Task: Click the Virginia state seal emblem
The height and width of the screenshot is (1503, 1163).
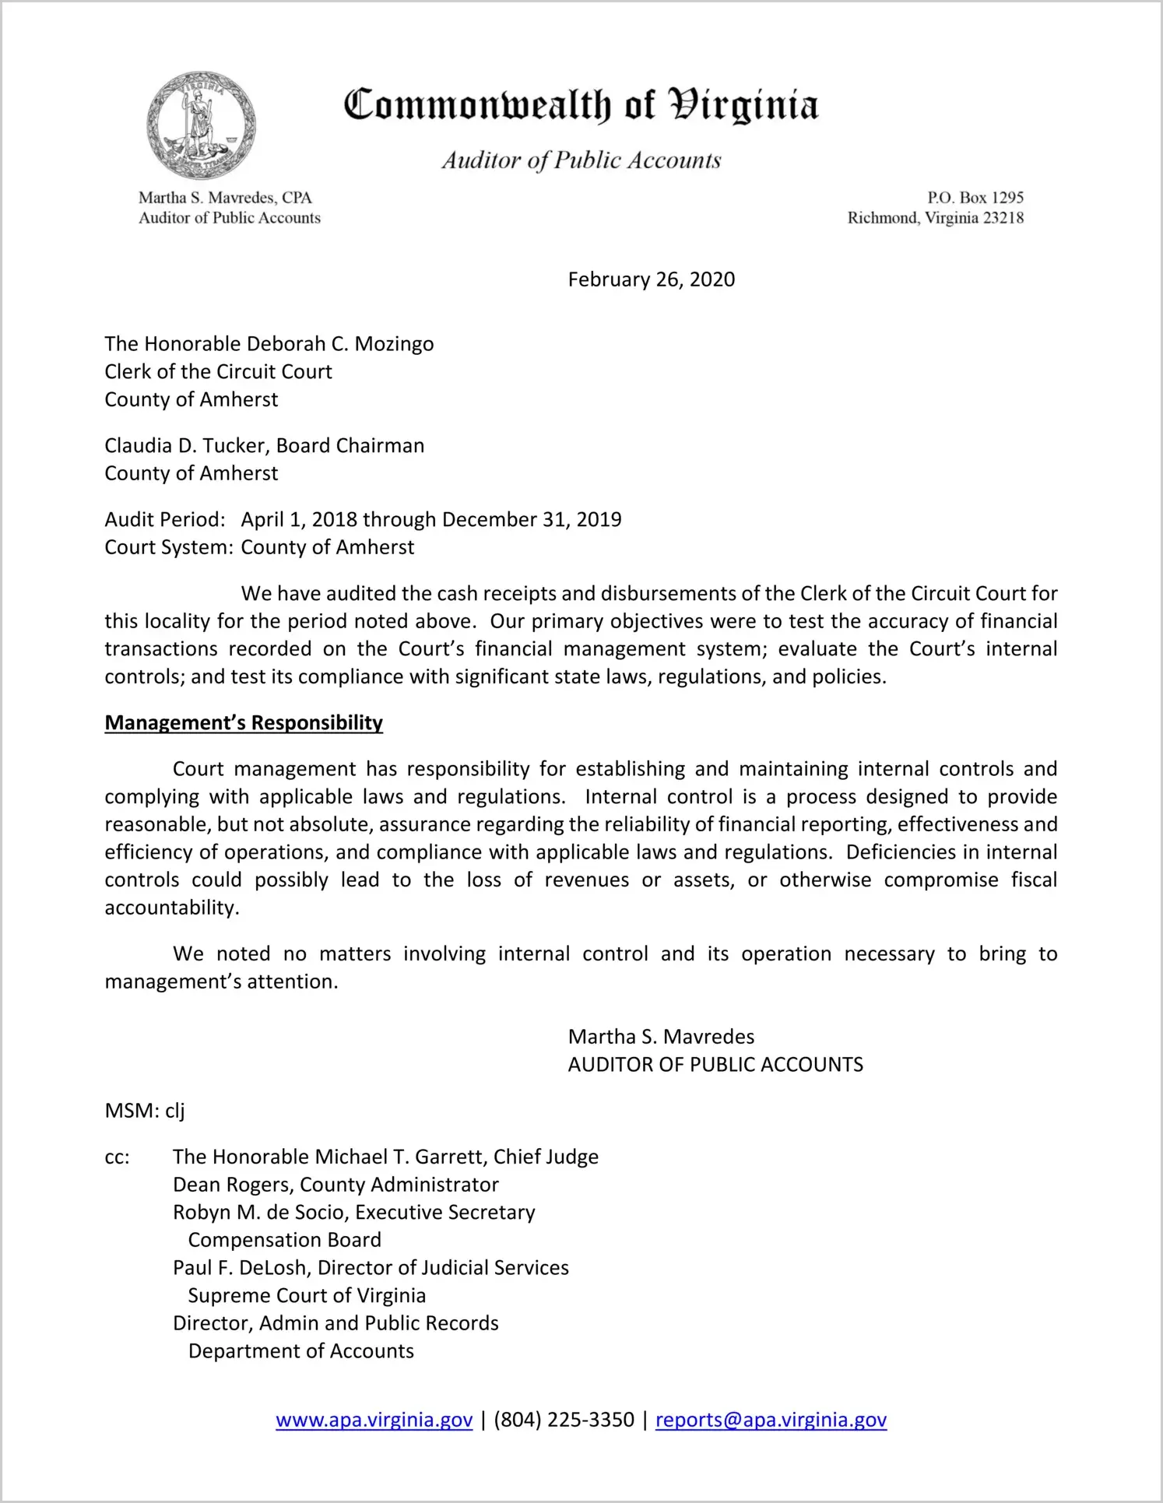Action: (201, 125)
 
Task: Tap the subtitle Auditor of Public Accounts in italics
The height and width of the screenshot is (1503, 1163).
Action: (581, 160)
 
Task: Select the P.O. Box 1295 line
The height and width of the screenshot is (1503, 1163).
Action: (975, 198)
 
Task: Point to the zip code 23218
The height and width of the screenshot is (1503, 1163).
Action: (1003, 218)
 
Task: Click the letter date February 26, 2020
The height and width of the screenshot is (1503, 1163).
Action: (651, 279)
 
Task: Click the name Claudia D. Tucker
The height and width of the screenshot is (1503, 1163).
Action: (186, 445)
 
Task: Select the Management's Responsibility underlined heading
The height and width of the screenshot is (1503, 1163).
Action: (244, 723)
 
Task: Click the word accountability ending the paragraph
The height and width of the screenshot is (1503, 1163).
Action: (171, 908)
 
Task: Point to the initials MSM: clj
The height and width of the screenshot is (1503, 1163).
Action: (145, 1111)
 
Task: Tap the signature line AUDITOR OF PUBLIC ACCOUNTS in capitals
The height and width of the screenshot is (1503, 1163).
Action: (715, 1065)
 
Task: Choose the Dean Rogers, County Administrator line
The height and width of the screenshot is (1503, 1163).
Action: (336, 1185)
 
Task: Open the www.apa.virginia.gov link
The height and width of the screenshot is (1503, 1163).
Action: (374, 1420)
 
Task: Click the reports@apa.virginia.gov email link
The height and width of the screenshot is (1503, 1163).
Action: (771, 1420)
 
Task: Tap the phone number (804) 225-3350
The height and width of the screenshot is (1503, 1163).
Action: (564, 1420)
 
